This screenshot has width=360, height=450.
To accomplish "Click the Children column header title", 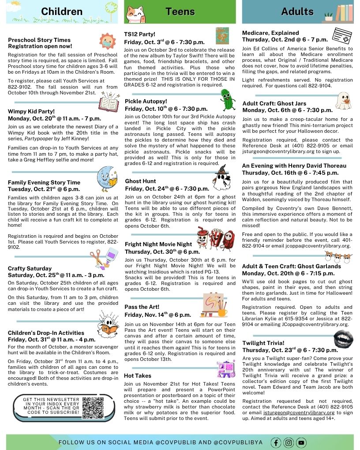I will click(x=62, y=11).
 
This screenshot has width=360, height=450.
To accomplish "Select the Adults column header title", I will click(x=297, y=11).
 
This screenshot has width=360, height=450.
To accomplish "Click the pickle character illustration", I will click(x=228, y=99).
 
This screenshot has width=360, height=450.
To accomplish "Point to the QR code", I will click(x=93, y=407).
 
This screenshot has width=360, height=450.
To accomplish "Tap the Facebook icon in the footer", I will click(x=276, y=442).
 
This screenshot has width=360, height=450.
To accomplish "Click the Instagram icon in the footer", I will click(x=289, y=442).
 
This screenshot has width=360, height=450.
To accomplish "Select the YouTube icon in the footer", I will click(x=301, y=442).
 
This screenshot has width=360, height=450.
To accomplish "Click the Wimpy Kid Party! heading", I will click(x=31, y=112).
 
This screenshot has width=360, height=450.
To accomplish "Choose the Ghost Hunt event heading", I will click(x=140, y=181).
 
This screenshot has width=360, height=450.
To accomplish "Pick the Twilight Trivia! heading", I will click(x=263, y=343).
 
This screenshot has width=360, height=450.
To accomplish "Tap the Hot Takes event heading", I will click(x=138, y=375).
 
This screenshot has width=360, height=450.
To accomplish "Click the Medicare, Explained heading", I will click(x=270, y=33).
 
